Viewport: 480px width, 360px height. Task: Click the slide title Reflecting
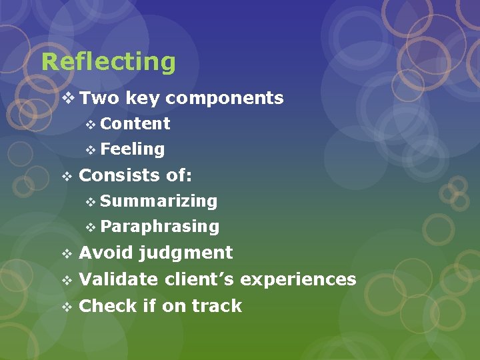(109, 62)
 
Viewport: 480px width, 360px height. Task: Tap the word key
(142, 99)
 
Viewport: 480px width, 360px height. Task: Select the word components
(225, 99)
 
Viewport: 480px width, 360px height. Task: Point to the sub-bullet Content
(135, 124)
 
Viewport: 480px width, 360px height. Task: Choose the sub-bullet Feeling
(133, 149)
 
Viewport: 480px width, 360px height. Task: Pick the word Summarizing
(159, 201)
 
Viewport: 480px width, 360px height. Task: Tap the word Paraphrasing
(160, 227)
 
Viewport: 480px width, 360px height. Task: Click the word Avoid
(105, 253)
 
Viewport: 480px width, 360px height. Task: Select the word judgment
(185, 253)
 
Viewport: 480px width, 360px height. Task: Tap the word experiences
(298, 279)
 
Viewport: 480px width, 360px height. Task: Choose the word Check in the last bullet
(108, 306)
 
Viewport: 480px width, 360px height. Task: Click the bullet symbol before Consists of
(66, 176)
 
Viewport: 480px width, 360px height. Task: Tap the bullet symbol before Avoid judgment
(66, 254)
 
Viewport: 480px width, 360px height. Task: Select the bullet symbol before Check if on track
(66, 307)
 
